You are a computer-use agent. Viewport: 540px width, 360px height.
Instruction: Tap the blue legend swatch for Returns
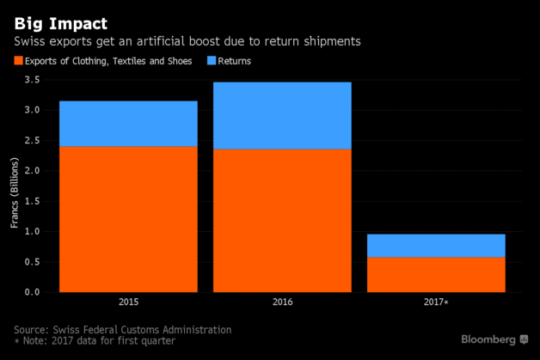212,61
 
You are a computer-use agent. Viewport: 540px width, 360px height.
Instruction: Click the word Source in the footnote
32,330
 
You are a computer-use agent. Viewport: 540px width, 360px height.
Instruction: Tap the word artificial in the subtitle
151,40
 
